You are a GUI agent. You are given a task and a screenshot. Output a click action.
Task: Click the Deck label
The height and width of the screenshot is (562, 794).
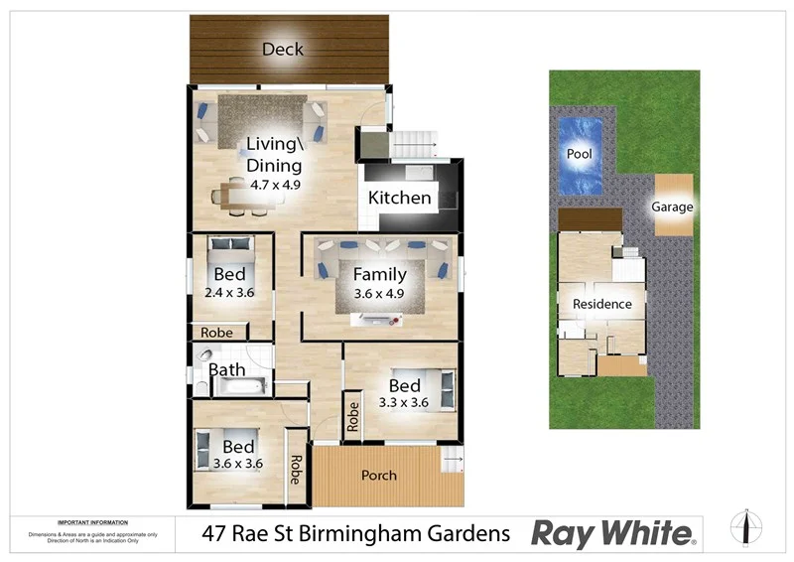[283, 49]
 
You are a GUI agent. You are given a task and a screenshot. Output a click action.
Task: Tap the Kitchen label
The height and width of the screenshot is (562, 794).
[400, 198]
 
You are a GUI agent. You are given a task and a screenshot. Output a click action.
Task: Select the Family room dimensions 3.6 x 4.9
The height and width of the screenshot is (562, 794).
[380, 294]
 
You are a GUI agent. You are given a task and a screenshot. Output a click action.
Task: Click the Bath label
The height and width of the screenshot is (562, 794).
[226, 370]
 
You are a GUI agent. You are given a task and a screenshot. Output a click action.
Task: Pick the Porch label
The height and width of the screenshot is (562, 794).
[378, 476]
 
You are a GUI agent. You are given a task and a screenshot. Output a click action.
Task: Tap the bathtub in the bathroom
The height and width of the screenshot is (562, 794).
[243, 385]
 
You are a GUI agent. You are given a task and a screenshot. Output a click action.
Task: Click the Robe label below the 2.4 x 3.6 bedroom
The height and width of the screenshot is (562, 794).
[216, 333]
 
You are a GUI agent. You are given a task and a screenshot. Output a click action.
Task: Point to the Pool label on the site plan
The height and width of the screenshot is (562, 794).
[580, 155]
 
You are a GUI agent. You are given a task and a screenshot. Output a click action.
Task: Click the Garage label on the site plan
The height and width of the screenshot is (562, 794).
[672, 208]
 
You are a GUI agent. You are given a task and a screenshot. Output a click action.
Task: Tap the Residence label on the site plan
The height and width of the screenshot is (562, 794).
[602, 304]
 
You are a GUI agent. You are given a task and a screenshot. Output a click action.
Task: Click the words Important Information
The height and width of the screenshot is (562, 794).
[92, 522]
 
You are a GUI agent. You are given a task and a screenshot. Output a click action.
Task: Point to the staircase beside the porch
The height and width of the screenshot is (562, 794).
[452, 460]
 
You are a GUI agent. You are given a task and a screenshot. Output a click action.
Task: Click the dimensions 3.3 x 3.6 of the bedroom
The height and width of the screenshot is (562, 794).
[403, 403]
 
